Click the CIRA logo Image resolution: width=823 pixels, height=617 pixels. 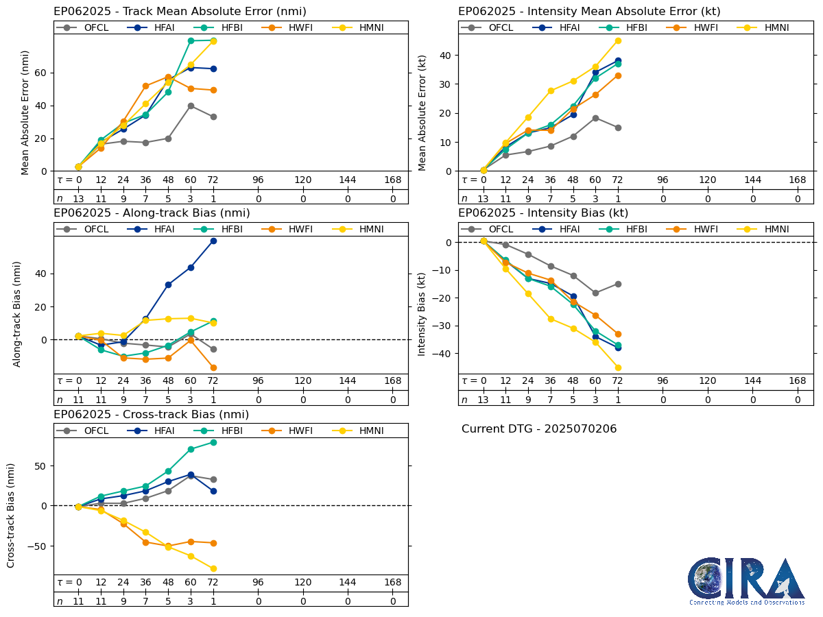[x=746, y=581]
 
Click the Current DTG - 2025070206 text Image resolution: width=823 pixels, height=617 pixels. [x=539, y=429]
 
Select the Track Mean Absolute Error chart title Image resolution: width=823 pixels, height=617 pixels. [x=180, y=12]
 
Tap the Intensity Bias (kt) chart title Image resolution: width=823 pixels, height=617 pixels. [x=543, y=213]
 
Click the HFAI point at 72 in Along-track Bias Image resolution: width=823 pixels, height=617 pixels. [x=213, y=241]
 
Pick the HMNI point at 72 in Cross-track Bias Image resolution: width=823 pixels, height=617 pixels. [x=213, y=568]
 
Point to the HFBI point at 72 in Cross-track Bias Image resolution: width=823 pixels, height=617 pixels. [x=213, y=442]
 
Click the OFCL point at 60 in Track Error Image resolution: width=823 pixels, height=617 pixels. [x=191, y=106]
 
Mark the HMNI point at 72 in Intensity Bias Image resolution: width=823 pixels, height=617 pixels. [x=618, y=367]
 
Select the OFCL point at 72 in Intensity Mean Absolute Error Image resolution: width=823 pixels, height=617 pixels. [x=618, y=128]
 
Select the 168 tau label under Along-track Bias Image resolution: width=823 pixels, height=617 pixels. [x=392, y=381]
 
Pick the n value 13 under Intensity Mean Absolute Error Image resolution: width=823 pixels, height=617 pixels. [x=483, y=199]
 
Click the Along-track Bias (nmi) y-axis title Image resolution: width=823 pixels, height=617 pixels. [x=17, y=313]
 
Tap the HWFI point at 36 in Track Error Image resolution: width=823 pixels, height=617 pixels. [x=145, y=86]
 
